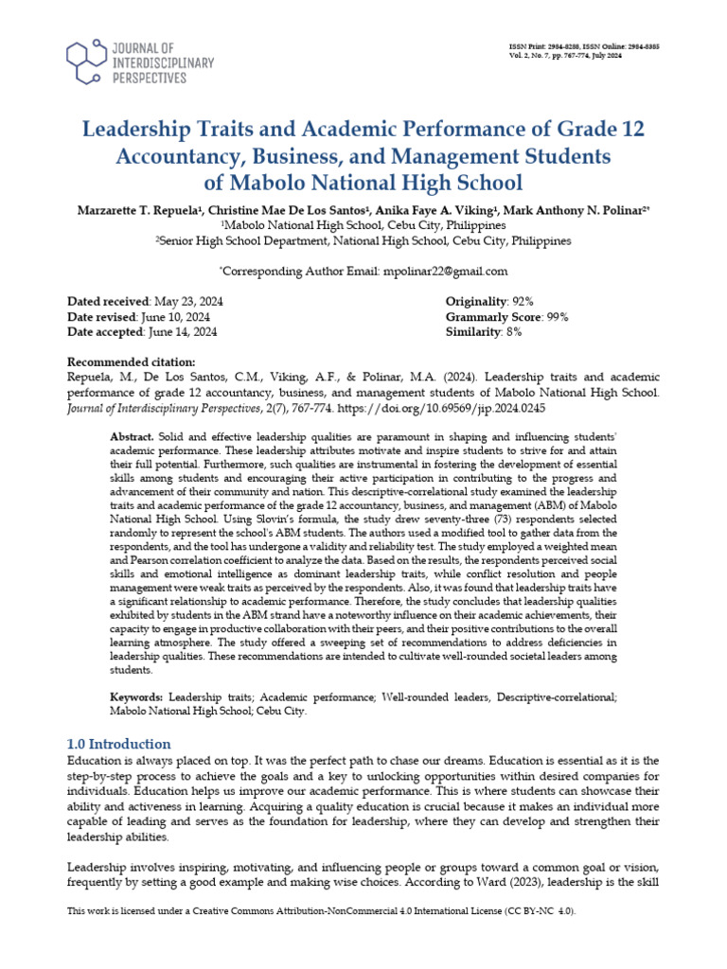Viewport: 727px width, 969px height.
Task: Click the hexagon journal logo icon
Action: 88,62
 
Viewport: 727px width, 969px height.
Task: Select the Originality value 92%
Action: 517,300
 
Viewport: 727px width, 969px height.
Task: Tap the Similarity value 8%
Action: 513,332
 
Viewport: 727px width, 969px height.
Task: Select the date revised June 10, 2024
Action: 178,316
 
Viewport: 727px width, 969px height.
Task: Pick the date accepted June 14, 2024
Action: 181,332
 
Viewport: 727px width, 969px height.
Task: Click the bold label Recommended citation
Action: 132,362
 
